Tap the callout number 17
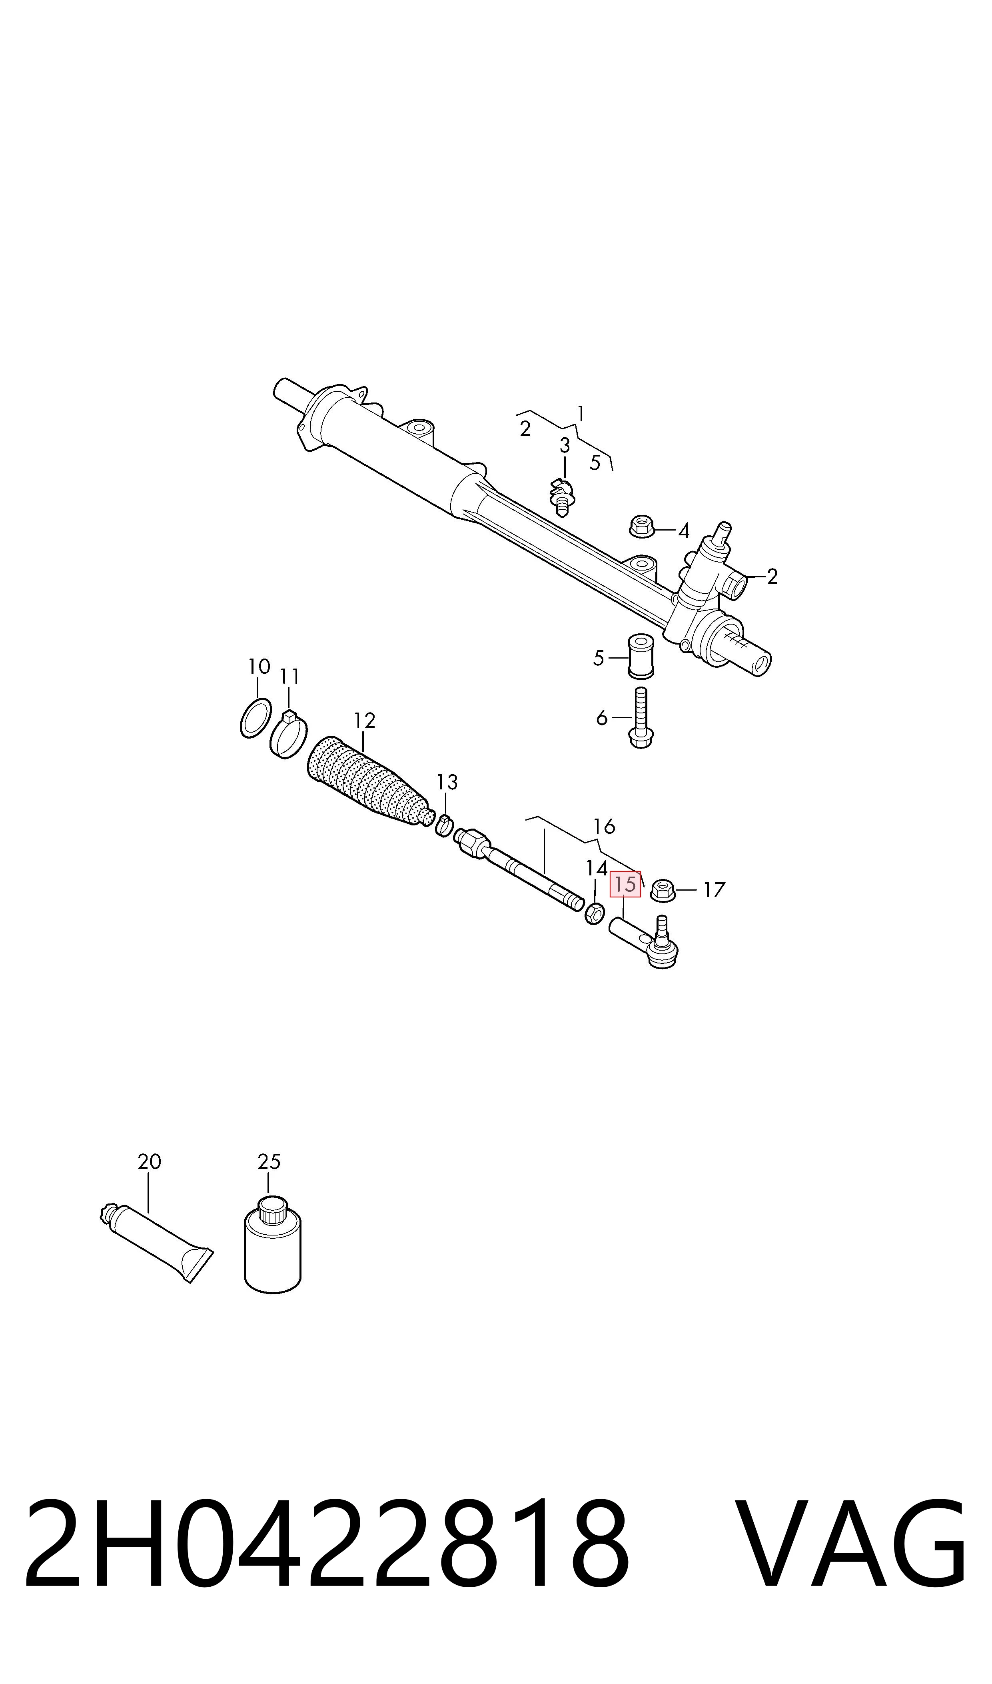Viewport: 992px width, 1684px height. pos(714,890)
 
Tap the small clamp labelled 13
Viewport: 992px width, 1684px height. pos(444,827)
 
